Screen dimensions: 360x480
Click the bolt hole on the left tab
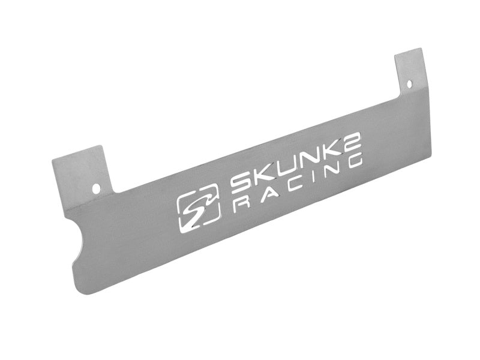pos(96,188)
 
